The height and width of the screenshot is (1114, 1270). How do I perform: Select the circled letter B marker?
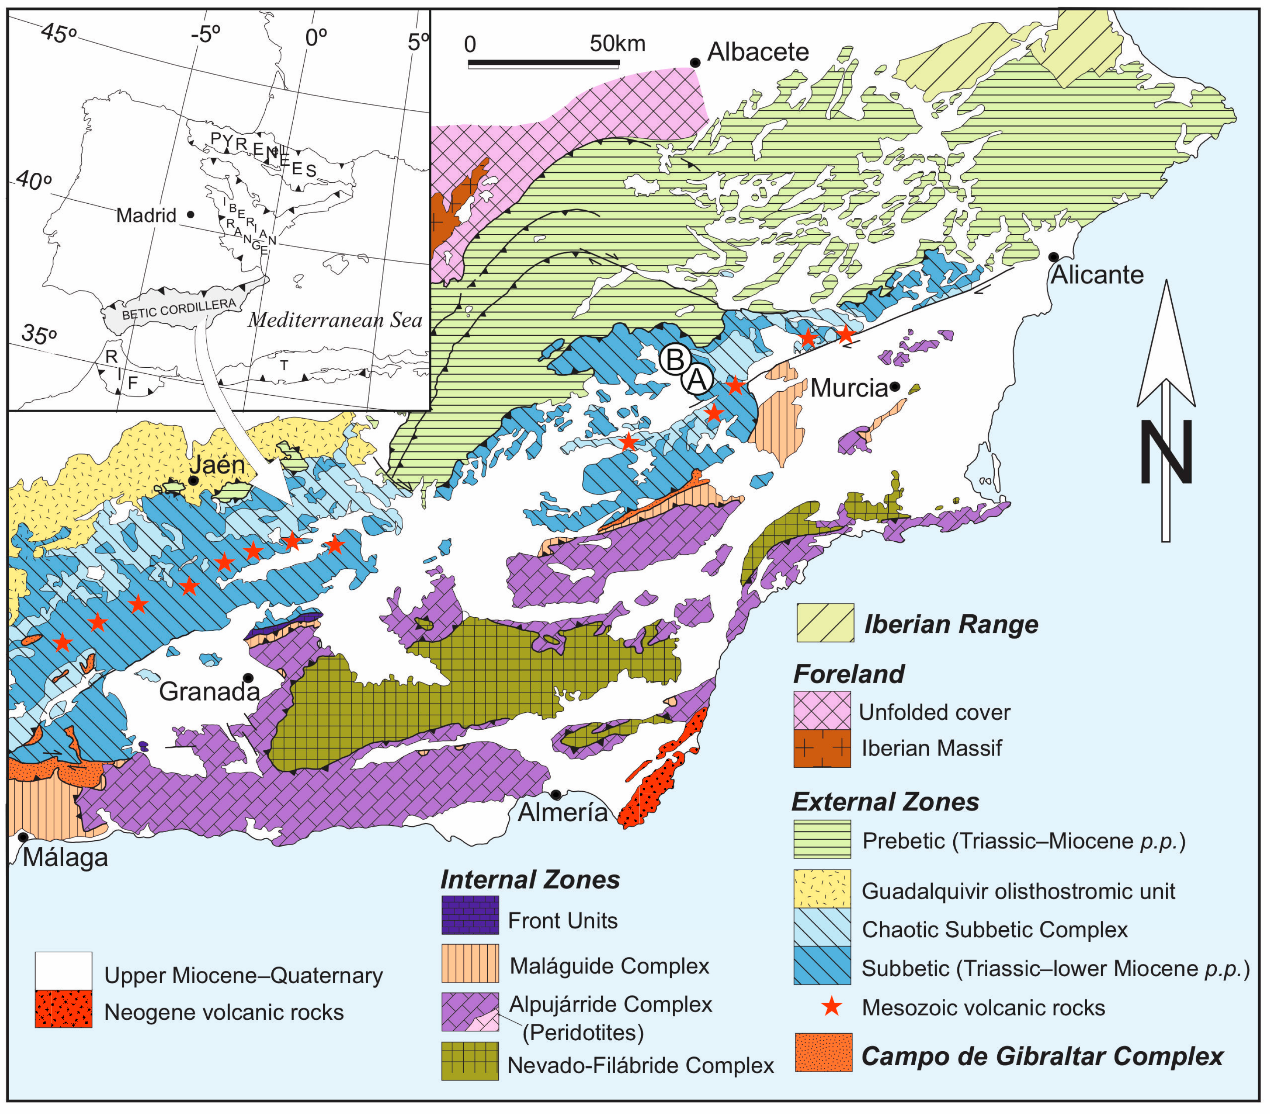[x=675, y=359]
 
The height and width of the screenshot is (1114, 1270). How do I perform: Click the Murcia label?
[x=849, y=388]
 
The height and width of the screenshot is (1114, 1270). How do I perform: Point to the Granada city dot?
[x=248, y=677]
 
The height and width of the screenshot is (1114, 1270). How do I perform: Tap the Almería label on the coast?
[x=562, y=813]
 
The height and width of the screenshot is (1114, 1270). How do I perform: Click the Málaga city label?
[x=65, y=858]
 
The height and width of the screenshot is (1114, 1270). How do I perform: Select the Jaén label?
[x=217, y=464]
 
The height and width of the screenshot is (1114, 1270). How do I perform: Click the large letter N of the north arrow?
[x=1166, y=452]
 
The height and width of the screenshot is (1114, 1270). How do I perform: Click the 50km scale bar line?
[x=544, y=63]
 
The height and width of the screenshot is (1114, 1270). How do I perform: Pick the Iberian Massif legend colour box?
[x=822, y=748]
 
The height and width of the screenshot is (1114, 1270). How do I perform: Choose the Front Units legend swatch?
[x=470, y=915]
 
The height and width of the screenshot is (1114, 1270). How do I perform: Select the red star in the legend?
[x=832, y=1007]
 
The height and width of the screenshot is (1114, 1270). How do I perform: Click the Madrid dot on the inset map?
[x=191, y=214]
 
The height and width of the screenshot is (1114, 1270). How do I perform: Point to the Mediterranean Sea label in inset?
[x=335, y=320]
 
